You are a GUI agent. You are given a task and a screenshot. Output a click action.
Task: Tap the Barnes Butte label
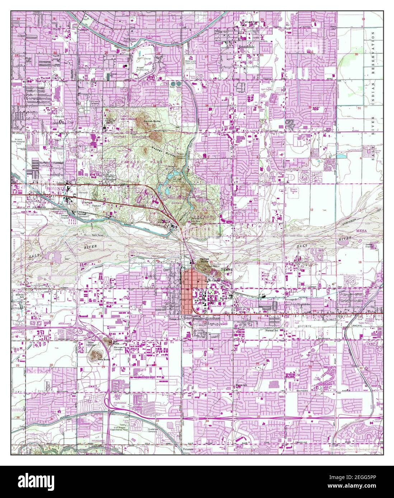[x=151, y=122]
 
